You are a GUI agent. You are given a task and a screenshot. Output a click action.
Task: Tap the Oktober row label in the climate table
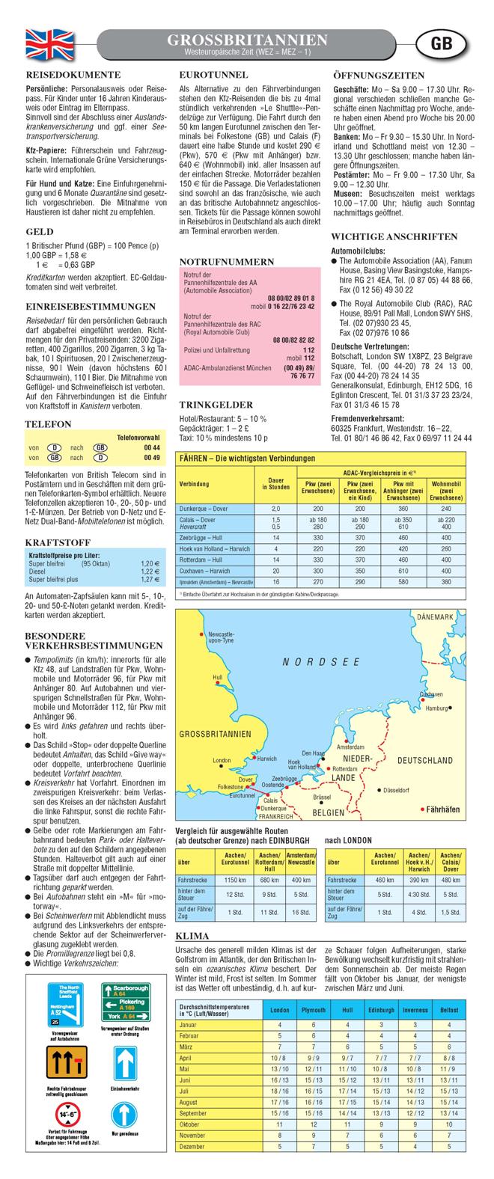coord(189,1124)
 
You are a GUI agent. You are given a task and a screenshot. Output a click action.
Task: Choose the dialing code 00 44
coord(152,447)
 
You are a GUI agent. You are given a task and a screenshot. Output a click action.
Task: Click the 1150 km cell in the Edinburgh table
coord(236,879)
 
